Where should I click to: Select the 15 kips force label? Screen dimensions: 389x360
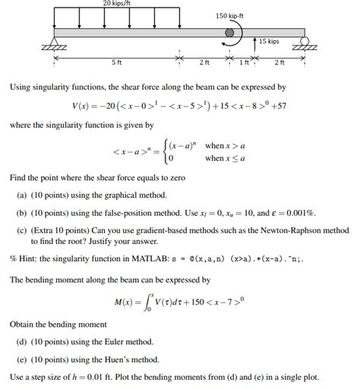point(269,41)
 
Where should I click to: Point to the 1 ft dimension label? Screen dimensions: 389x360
point(243,62)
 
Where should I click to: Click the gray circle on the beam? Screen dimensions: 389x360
point(230,33)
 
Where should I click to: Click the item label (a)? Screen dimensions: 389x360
point(22,194)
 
